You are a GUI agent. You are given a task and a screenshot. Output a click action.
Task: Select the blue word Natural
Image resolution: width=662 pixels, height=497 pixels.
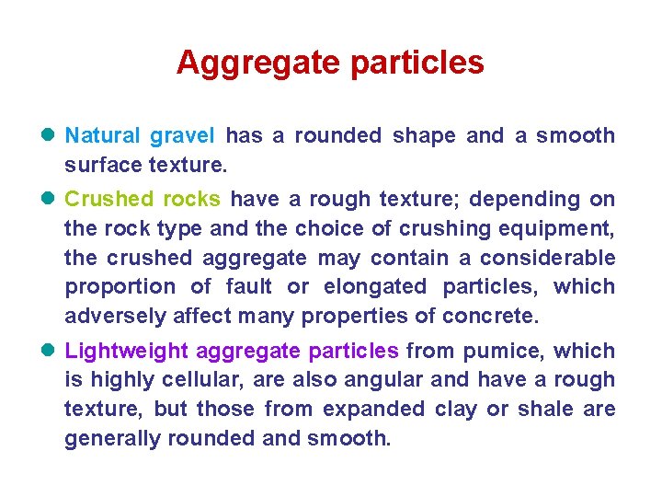click(x=103, y=136)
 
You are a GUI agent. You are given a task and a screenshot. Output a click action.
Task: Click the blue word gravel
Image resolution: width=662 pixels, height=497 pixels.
click(x=182, y=136)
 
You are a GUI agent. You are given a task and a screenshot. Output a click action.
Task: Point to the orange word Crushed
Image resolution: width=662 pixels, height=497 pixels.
click(x=109, y=200)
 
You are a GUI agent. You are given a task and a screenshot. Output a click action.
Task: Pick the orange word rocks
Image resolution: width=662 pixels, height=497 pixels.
click(x=192, y=200)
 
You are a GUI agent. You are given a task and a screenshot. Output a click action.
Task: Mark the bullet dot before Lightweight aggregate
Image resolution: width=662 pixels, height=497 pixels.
click(x=50, y=351)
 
